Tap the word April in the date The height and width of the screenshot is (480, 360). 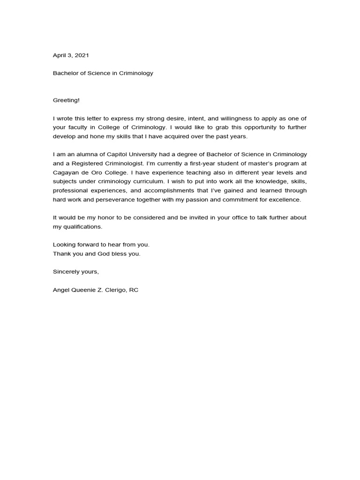tap(60, 55)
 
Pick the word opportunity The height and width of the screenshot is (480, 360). tap(247, 127)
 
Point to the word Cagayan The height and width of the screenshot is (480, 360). tap(65, 172)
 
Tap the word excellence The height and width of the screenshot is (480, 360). tap(285, 200)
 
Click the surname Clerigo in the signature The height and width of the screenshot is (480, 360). tap(112, 290)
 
